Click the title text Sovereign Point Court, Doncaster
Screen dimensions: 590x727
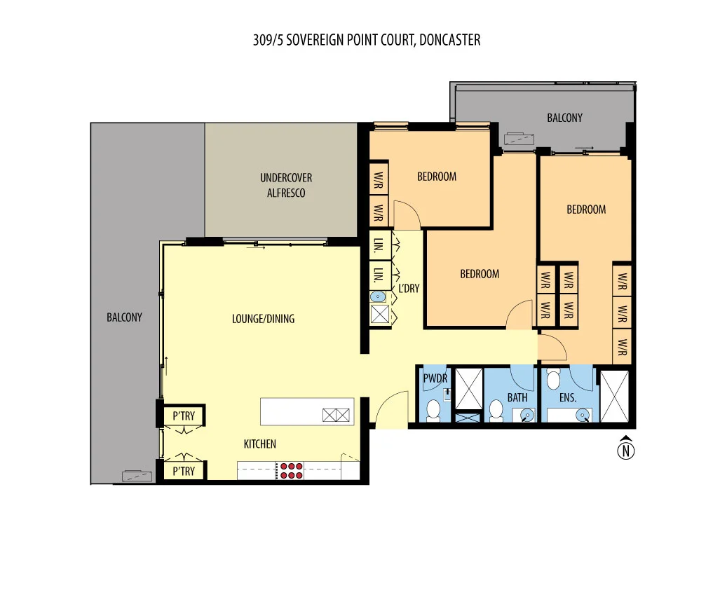coord(367,40)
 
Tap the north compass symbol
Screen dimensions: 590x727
coord(625,449)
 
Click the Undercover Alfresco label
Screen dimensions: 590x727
coord(286,185)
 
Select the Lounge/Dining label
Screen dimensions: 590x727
coord(263,319)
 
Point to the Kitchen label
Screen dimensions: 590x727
coord(259,444)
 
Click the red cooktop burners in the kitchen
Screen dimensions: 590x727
coord(291,470)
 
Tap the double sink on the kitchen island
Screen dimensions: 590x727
coord(337,415)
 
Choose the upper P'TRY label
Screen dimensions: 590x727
coord(184,416)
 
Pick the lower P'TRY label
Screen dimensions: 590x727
coord(184,472)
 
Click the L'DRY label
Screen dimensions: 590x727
coord(409,288)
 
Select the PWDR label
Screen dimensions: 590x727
coord(435,378)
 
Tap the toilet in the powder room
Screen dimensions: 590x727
coord(433,409)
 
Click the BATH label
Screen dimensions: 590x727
coord(517,397)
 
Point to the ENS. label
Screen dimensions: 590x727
coord(567,397)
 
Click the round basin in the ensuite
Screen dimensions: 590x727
coord(582,416)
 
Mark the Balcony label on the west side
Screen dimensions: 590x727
coord(124,317)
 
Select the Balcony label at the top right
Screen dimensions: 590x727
coord(564,118)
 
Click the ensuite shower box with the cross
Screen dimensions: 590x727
coord(616,397)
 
